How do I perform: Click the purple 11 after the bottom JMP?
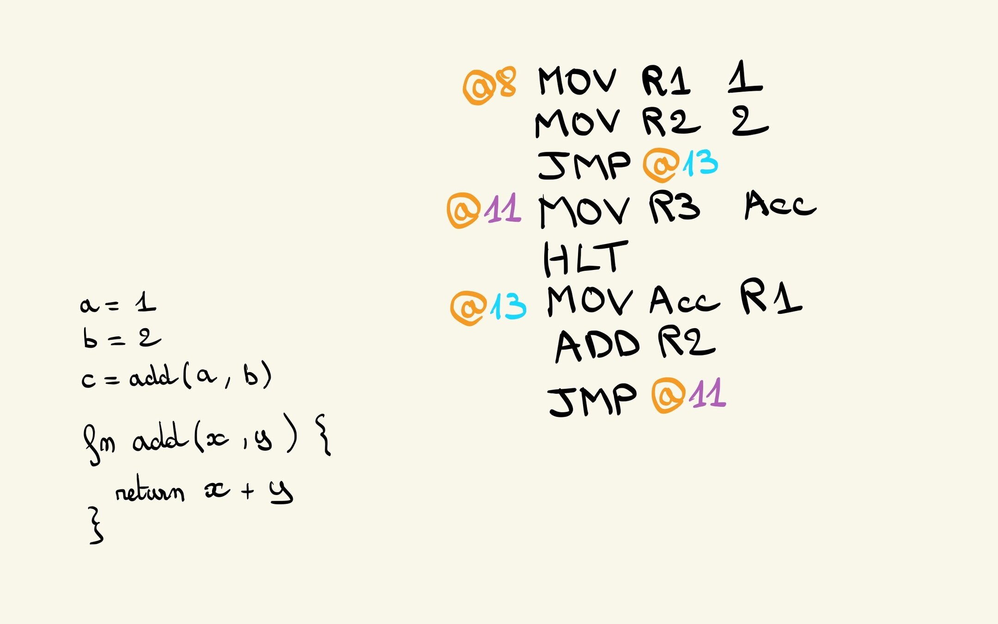coord(708,394)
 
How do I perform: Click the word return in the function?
coord(150,493)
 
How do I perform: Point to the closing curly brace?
coord(96,526)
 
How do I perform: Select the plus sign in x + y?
coord(248,491)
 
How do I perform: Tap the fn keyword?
coord(99,444)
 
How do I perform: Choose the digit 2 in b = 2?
coord(149,338)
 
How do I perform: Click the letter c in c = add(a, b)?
coord(88,380)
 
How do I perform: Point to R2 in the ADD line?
coord(687,343)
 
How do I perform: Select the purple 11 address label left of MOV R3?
coord(503,210)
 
